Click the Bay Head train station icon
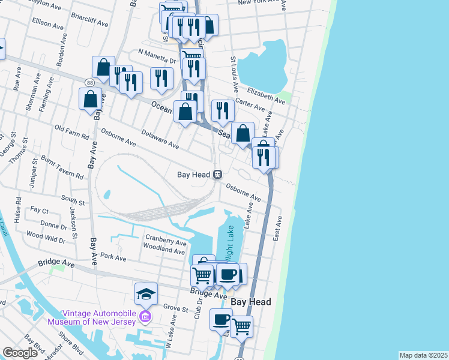tap(218, 175)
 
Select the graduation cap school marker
tap(146, 294)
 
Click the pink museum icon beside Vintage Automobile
tap(145, 316)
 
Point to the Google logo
tap(20, 353)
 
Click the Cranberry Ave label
tap(165, 243)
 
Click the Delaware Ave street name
tap(160, 140)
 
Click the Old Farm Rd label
tap(72, 128)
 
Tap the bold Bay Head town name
tap(251, 302)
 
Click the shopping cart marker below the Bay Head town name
tap(241, 327)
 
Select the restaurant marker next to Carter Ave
tap(223, 110)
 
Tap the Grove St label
tap(176, 308)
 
